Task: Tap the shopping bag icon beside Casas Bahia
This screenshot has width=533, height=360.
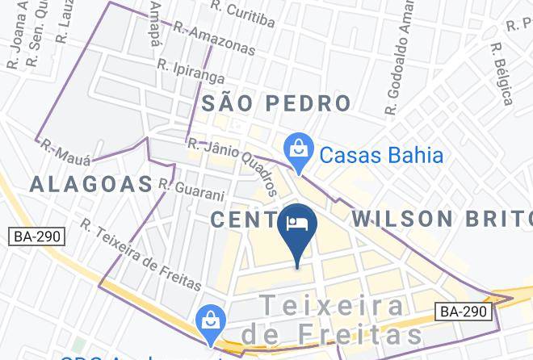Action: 299,149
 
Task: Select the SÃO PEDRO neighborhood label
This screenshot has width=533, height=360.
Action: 276,103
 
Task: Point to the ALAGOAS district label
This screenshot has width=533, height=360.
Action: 91,184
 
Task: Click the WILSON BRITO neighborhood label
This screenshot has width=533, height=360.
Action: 441,219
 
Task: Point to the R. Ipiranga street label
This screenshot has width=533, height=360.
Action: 191,72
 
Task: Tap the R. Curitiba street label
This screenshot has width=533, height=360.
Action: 241,10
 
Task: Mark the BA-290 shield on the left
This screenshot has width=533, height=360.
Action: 37,237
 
